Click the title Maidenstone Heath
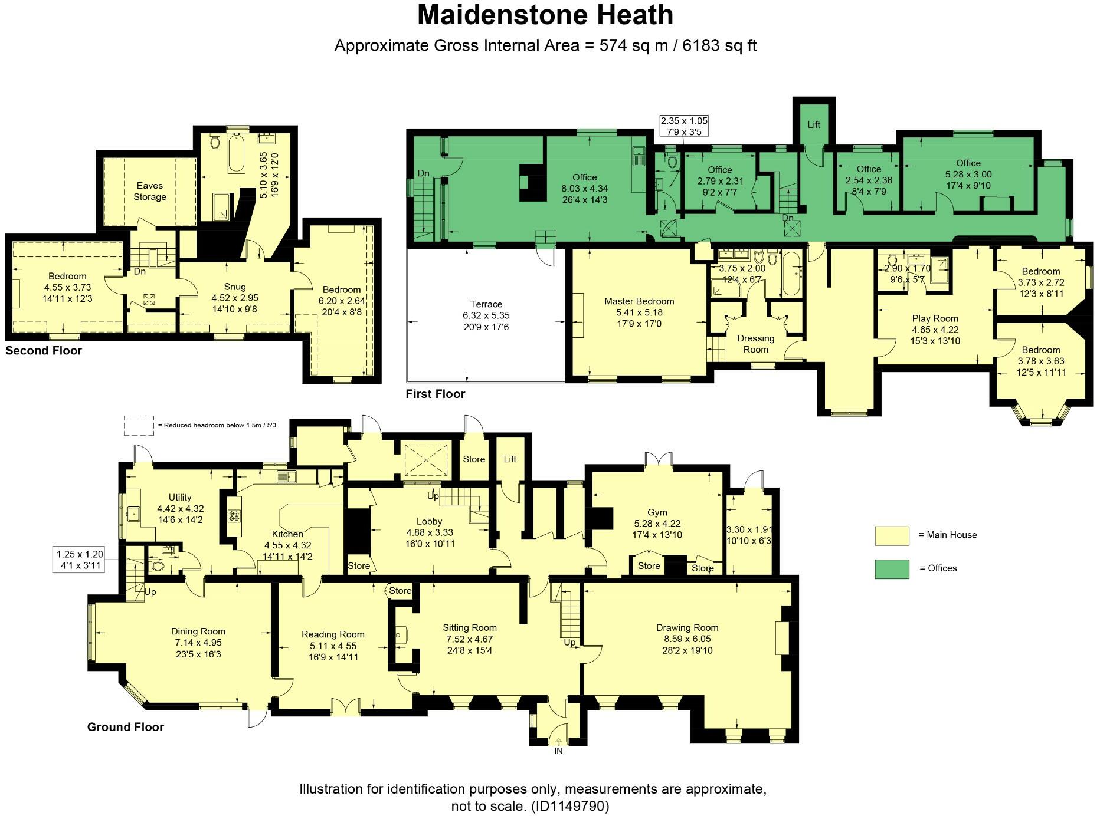click(x=545, y=15)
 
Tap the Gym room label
click(x=657, y=512)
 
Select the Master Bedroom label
click(x=639, y=301)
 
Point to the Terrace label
click(x=486, y=304)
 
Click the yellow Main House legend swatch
click(x=892, y=535)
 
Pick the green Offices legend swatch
click(x=892, y=568)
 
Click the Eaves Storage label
click(x=149, y=191)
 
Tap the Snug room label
click(x=235, y=287)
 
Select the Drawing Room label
click(x=687, y=628)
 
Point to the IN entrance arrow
click(x=558, y=744)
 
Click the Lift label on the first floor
click(x=814, y=124)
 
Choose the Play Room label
click(x=935, y=318)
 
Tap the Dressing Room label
click(x=755, y=344)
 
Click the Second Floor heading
click(x=44, y=351)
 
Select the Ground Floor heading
click(x=125, y=727)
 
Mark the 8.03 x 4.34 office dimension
click(x=584, y=189)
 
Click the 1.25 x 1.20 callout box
click(x=80, y=560)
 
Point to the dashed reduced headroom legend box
click(x=139, y=425)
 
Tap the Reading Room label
click(x=333, y=634)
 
